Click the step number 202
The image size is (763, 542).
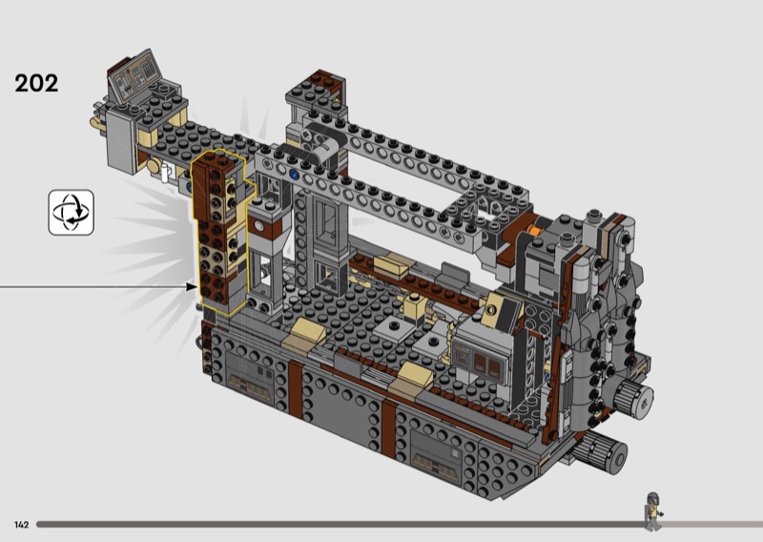(36, 83)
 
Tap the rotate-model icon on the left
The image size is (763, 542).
(71, 213)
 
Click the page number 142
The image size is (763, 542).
(21, 525)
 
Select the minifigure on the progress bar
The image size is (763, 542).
(653, 511)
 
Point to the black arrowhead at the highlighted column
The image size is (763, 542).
(193, 287)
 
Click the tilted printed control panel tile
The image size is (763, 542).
(134, 76)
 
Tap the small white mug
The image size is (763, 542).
(166, 173)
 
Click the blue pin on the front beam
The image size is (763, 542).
(294, 174)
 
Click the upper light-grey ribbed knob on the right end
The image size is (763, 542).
(632, 399)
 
